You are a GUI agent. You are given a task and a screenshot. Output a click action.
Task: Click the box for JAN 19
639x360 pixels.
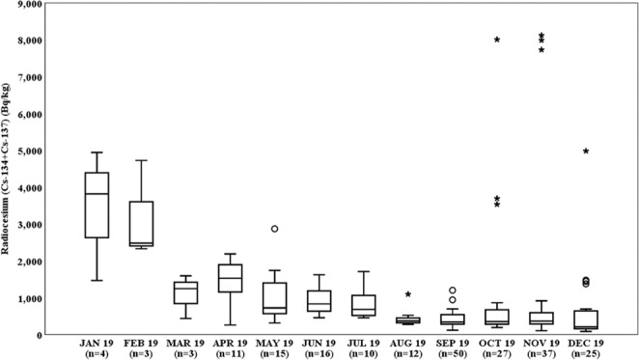pos(97,205)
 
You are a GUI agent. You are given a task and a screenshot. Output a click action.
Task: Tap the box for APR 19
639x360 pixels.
pos(231,278)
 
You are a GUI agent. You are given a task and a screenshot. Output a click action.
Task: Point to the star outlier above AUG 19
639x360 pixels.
pos(408,294)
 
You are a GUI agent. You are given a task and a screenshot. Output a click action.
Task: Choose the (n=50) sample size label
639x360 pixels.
pos(453,353)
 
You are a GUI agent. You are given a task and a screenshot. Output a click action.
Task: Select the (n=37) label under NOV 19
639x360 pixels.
pos(542,353)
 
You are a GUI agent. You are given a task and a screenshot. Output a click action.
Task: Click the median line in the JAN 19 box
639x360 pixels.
pos(97,194)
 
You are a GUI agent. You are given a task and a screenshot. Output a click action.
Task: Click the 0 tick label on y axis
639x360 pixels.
pos(41,335)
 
